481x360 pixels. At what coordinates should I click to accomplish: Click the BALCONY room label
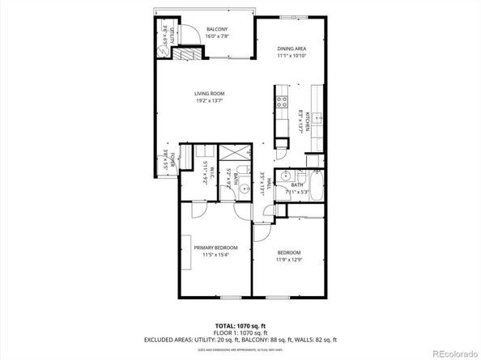pyautogui.click(x=216, y=29)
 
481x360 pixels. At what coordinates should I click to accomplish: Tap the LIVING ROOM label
pyautogui.click(x=208, y=93)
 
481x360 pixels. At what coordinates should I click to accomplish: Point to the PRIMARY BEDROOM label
pyautogui.click(x=215, y=248)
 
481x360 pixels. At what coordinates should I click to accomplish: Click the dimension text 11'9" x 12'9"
pyautogui.click(x=289, y=260)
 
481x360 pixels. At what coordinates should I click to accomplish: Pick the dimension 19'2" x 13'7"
pyautogui.click(x=208, y=102)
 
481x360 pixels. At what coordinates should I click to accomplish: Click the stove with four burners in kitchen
pyautogui.click(x=282, y=102)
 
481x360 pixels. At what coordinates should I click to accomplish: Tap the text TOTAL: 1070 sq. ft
pyautogui.click(x=240, y=324)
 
